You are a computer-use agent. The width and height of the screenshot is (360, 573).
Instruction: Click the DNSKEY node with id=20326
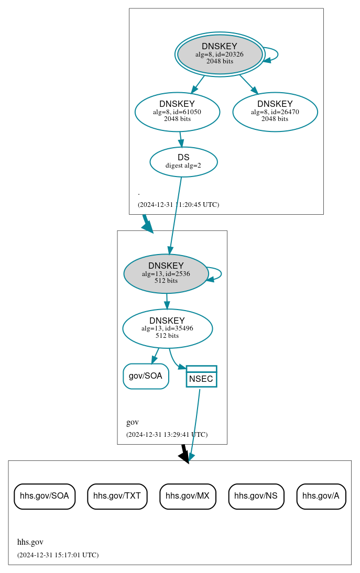220,54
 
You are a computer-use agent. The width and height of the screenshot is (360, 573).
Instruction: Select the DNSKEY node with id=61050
177,111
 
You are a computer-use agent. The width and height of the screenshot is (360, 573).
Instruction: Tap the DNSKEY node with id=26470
275,111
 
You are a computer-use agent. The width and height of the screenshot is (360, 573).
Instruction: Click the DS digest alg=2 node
183,161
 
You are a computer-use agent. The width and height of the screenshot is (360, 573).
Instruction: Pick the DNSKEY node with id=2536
166,273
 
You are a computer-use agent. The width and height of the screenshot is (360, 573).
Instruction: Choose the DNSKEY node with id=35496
167,328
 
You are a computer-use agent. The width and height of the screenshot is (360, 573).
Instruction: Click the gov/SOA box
146,376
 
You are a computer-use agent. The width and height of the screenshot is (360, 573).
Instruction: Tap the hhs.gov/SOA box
45,496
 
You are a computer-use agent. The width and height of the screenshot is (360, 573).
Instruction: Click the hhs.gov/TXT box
117,496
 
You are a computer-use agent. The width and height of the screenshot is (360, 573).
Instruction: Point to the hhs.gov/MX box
188,496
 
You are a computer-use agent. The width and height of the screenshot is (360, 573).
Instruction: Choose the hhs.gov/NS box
256,496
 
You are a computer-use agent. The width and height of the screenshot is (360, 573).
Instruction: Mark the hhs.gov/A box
321,496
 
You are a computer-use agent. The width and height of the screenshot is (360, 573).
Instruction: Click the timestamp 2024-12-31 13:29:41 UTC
167,434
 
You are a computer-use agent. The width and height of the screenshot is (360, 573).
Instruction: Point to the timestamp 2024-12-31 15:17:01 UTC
58,555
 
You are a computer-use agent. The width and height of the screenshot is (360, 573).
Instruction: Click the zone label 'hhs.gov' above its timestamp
30,542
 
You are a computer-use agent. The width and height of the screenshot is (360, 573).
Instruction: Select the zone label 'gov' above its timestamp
133,422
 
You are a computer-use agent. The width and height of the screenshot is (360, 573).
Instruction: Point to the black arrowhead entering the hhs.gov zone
184,457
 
